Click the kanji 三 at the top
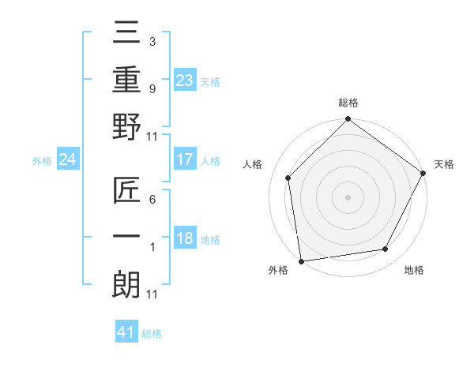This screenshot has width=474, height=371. [126, 34]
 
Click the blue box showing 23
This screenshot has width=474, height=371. [184, 80]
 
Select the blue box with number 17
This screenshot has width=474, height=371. [184, 159]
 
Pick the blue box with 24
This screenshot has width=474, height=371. [67, 160]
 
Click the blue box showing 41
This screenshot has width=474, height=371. [126, 332]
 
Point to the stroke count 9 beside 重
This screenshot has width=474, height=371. [152, 88]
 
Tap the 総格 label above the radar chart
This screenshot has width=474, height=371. [348, 103]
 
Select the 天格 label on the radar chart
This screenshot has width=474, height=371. [444, 164]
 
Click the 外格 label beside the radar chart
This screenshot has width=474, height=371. [278, 270]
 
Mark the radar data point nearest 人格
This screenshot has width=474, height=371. [288, 178]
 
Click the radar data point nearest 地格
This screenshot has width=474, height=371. [386, 249]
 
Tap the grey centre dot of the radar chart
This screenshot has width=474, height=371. [348, 197]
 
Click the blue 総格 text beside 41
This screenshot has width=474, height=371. [152, 333]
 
